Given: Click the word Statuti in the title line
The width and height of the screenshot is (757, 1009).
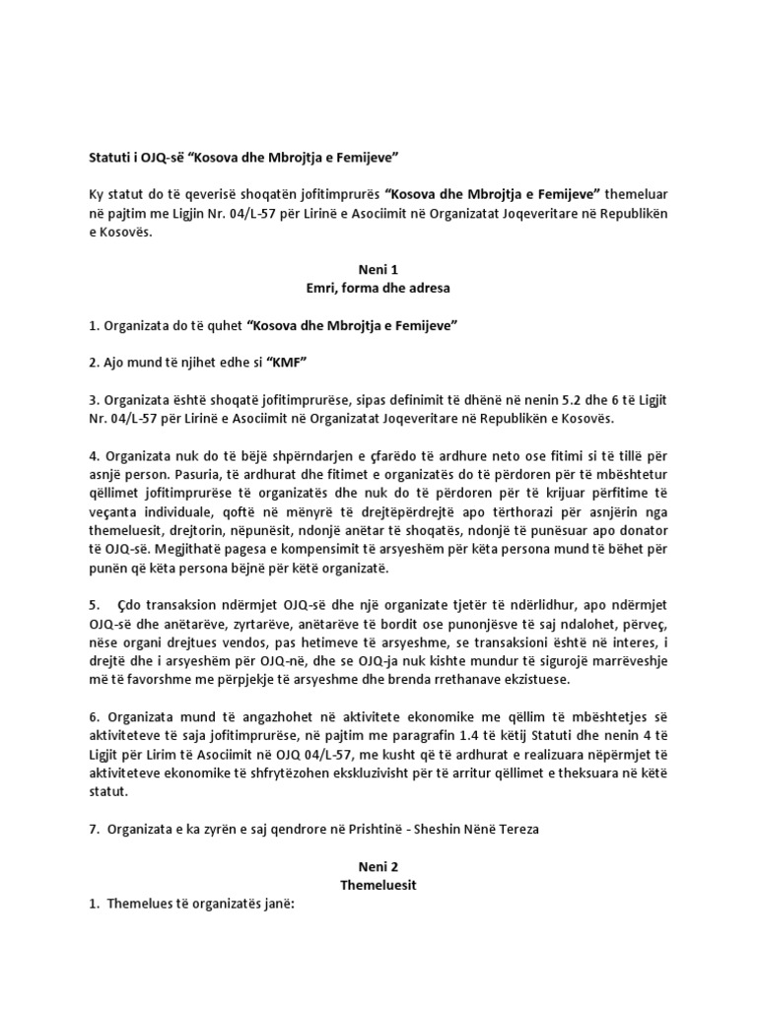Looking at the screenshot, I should pyautogui.click(x=101, y=157).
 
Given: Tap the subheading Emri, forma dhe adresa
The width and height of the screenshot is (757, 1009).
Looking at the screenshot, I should pyautogui.click(x=377, y=288).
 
